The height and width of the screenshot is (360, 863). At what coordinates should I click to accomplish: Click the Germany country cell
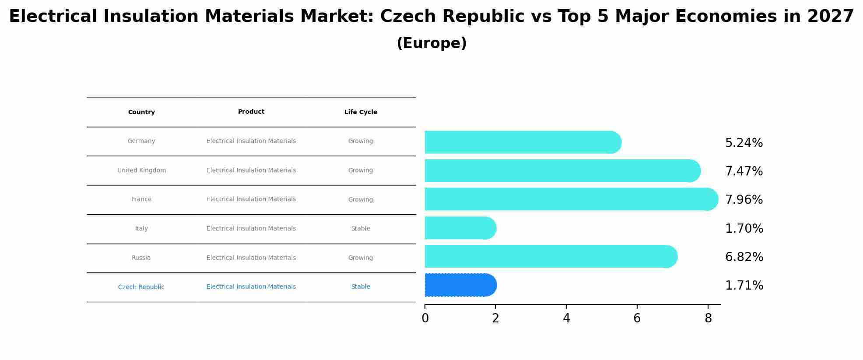pyautogui.click(x=141, y=141)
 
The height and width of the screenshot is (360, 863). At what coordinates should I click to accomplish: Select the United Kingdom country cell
pyautogui.click(x=141, y=171)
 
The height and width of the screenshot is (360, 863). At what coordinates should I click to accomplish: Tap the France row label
pyautogui.click(x=141, y=199)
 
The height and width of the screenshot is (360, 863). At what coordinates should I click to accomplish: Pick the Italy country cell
pyautogui.click(x=141, y=229)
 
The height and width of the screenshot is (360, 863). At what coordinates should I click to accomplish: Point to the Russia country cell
pyautogui.click(x=141, y=258)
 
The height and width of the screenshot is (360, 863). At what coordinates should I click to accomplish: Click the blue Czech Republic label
pyautogui.click(x=141, y=287)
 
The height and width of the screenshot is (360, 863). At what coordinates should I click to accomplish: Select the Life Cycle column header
pyautogui.click(x=361, y=112)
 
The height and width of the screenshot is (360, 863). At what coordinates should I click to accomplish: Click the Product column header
pyautogui.click(x=251, y=112)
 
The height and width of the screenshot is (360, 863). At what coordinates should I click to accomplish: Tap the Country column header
pyautogui.click(x=141, y=112)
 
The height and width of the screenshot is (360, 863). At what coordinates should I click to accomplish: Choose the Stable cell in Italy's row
pyautogui.click(x=361, y=229)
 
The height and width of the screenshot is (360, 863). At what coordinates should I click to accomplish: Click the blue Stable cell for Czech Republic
pyautogui.click(x=361, y=287)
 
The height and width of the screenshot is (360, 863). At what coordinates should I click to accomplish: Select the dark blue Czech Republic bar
pyautogui.click(x=460, y=285)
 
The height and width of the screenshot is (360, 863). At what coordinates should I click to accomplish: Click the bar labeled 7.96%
pyautogui.click(x=569, y=199)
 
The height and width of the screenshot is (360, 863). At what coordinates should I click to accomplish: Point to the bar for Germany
pyautogui.click(x=521, y=143)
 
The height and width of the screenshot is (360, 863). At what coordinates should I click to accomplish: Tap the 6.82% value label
pyautogui.click(x=744, y=257)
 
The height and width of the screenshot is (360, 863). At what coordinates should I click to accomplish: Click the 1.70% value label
pyautogui.click(x=744, y=229)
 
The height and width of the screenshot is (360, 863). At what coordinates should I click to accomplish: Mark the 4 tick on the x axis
pyautogui.click(x=566, y=318)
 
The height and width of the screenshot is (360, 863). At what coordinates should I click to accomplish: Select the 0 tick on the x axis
pyautogui.click(x=425, y=318)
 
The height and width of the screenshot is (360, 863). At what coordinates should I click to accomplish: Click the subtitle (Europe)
pyautogui.click(x=431, y=44)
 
